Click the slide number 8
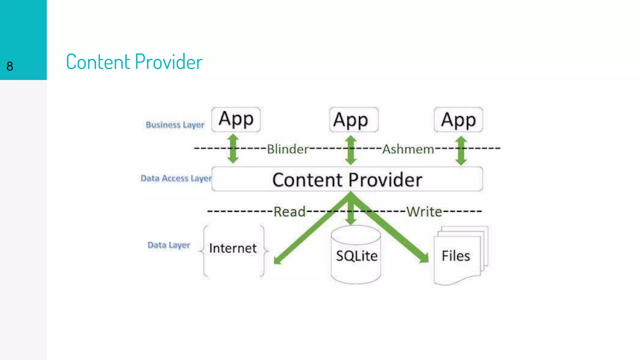[10, 66]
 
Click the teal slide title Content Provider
[134, 62]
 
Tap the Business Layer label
[175, 125]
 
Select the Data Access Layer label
[176, 178]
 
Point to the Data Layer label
[169, 245]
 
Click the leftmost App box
[236, 119]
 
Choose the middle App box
[353, 120]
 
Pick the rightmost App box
[458, 120]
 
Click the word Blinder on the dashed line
[287, 149]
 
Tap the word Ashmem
[408, 149]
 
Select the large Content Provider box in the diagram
[347, 179]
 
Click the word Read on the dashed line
[289, 212]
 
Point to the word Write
[424, 212]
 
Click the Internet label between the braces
[233, 248]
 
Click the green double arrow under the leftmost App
[233, 149]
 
